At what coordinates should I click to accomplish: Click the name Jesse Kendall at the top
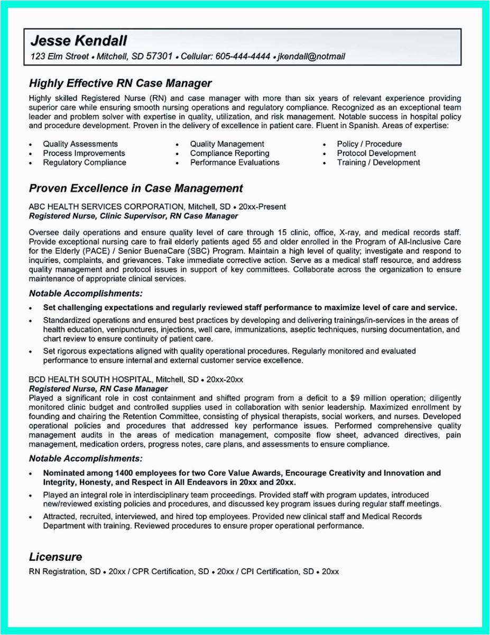(78, 40)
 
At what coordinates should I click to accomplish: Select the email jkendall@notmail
(311, 56)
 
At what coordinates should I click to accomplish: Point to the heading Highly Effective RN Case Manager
(120, 83)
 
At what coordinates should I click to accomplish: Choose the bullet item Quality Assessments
(80, 144)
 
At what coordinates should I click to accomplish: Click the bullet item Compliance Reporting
(229, 153)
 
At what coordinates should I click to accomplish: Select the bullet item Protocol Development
(376, 153)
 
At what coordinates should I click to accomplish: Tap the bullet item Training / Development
(378, 163)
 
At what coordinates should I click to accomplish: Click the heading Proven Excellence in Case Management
(136, 188)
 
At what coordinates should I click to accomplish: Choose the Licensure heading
(56, 557)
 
